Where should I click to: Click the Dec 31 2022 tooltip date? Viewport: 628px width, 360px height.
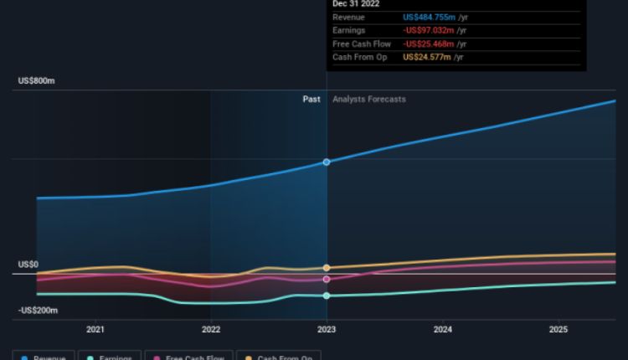click(x=356, y=4)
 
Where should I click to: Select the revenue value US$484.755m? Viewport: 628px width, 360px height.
click(x=429, y=18)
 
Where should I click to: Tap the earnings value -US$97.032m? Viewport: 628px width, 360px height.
click(x=429, y=31)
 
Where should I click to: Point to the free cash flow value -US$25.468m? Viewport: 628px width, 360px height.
click(x=429, y=44)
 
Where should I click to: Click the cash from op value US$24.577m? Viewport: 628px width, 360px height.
click(x=427, y=57)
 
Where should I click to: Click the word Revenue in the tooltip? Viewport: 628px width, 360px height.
click(x=348, y=18)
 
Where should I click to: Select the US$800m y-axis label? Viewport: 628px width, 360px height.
click(x=37, y=81)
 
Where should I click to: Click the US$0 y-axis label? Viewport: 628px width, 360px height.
click(x=28, y=265)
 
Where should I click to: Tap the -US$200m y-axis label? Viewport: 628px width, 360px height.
click(x=39, y=311)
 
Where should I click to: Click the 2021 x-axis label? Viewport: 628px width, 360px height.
click(x=95, y=330)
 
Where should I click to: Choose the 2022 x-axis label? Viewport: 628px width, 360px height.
click(x=211, y=330)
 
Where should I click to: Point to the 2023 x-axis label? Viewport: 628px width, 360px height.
click(x=327, y=330)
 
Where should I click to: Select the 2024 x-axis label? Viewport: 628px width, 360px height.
click(x=443, y=330)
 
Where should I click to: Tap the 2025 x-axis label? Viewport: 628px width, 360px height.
click(x=559, y=330)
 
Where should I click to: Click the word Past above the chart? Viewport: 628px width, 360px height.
click(x=311, y=99)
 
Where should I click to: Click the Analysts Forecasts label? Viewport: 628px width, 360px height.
click(x=369, y=99)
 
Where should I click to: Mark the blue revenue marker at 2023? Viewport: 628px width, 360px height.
click(x=327, y=162)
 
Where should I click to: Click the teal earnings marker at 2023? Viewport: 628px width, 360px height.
click(x=327, y=296)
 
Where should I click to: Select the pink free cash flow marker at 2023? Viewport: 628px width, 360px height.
click(x=327, y=279)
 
